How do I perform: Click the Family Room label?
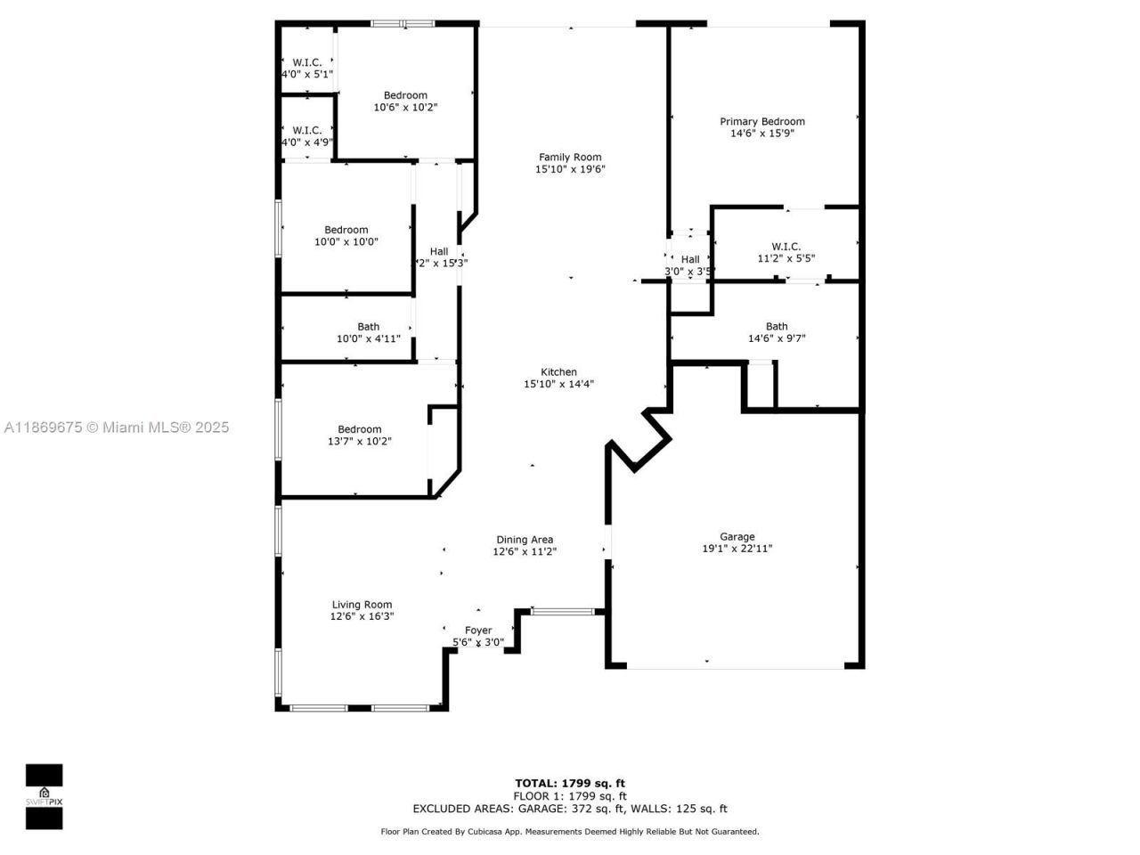[x=570, y=158]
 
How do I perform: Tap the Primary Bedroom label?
[x=761, y=122]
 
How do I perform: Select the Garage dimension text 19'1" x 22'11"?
[x=737, y=549]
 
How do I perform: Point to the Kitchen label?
[x=558, y=372]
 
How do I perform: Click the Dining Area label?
[x=525, y=540]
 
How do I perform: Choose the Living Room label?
[x=362, y=605]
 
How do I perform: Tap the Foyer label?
[x=478, y=631]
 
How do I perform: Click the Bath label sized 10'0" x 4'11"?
[x=368, y=327]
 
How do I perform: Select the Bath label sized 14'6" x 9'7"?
[x=777, y=327]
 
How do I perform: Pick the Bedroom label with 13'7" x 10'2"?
[x=359, y=429]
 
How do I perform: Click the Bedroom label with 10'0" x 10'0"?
[x=346, y=230]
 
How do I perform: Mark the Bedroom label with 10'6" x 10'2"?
[x=405, y=95]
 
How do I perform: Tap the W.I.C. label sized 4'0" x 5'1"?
[x=307, y=62]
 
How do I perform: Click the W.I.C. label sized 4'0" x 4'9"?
[x=307, y=131]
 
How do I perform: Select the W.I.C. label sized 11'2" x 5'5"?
[x=786, y=247]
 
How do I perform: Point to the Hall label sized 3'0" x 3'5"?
[x=690, y=260]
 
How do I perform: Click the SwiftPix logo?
[x=44, y=795]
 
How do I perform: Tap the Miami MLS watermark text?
[x=117, y=427]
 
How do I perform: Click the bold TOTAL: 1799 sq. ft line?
[x=570, y=784]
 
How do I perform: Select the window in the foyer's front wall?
[x=562, y=612]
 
